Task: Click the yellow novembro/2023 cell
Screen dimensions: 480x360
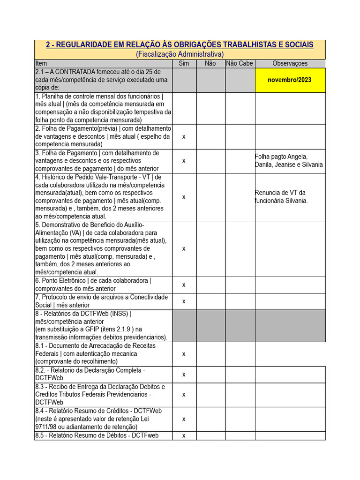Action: pyautogui.click(x=290, y=80)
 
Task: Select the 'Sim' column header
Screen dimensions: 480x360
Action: pyautogui.click(x=184, y=63)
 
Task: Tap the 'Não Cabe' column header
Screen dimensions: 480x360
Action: pyautogui.click(x=239, y=63)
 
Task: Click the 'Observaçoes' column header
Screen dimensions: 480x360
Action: pyautogui.click(x=290, y=63)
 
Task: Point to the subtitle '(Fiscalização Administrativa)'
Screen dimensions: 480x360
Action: pyautogui.click(x=180, y=54)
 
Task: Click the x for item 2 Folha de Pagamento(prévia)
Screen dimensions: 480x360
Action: pyautogui.click(x=184, y=136)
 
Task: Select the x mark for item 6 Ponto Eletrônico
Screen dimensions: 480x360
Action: pyautogui.click(x=184, y=285)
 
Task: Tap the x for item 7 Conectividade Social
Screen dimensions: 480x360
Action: pyautogui.click(x=184, y=301)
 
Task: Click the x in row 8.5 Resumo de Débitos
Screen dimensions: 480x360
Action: pyautogui.click(x=184, y=435)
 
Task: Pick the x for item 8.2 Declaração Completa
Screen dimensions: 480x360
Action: pyautogui.click(x=184, y=374)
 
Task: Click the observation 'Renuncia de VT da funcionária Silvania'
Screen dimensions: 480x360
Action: pyautogui.click(x=281, y=196)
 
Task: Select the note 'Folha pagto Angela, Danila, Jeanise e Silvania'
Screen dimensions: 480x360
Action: pyautogui.click(x=289, y=160)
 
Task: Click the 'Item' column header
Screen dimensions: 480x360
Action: pyautogui.click(x=41, y=63)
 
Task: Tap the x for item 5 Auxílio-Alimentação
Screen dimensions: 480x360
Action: pyautogui.click(x=184, y=248)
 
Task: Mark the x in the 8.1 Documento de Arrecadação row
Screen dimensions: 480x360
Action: pyautogui.click(x=184, y=353)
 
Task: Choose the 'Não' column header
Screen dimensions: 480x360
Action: pyautogui.click(x=210, y=63)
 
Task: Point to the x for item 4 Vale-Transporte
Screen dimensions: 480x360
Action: pyautogui.click(x=184, y=196)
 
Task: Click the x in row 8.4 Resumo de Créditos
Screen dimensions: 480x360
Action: pyautogui.click(x=184, y=419)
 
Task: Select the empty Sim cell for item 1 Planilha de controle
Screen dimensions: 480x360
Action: pyautogui.click(x=184, y=108)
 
